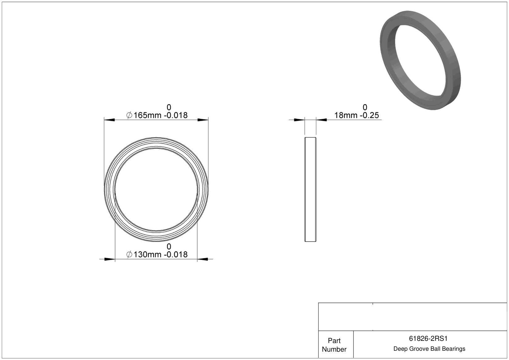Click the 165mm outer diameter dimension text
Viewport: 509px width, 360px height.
coord(147,115)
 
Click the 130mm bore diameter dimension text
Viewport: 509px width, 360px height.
coord(147,255)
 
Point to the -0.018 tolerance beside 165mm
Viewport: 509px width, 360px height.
coord(176,115)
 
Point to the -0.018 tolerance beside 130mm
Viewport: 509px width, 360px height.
coord(176,255)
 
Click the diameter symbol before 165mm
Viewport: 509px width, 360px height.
coord(129,115)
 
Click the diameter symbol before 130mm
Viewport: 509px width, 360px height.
coord(129,255)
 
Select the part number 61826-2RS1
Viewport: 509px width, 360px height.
coord(428,339)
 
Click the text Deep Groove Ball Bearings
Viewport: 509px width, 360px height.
coord(429,349)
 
